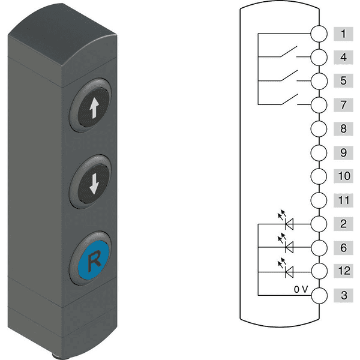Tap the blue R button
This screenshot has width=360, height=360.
93,259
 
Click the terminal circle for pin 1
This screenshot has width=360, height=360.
319,34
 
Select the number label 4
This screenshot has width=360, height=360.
343,57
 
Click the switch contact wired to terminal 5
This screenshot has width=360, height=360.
289,76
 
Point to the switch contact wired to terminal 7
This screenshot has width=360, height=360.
289,99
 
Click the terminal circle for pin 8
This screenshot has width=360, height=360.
319,128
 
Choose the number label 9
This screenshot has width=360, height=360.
343,152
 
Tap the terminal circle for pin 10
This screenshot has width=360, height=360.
319,176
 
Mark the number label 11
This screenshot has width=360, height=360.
343,200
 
